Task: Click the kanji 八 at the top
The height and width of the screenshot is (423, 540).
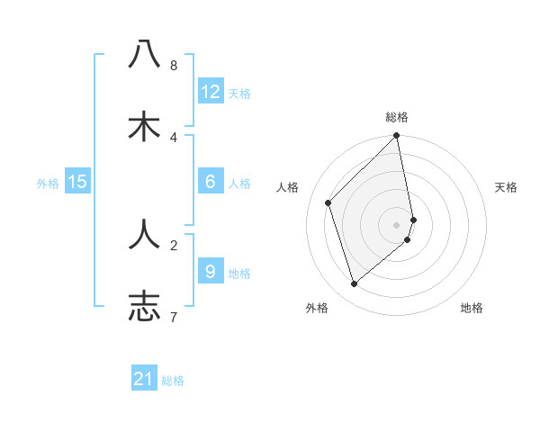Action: (145, 55)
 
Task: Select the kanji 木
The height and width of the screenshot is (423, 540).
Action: (145, 127)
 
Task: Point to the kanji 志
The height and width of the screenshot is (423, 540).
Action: (145, 306)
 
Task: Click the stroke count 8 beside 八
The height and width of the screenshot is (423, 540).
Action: (174, 66)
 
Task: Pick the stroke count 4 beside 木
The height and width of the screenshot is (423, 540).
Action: (174, 138)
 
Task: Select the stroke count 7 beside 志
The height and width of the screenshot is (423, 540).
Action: (174, 317)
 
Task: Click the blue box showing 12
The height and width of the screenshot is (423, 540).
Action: (211, 92)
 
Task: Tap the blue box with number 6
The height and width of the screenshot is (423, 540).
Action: (211, 182)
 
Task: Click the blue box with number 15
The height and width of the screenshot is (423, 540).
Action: (77, 182)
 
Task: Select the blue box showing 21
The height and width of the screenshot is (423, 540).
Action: (144, 380)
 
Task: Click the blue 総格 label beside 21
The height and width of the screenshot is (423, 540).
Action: (173, 381)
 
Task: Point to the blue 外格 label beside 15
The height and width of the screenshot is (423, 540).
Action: (48, 183)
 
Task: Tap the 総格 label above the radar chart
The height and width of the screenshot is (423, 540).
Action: (397, 117)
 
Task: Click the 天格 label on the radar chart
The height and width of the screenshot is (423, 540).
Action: (506, 187)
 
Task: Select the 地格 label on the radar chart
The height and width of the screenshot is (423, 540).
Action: (472, 308)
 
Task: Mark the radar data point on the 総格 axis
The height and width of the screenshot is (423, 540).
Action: (397, 137)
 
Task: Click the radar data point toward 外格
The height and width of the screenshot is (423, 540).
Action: (355, 283)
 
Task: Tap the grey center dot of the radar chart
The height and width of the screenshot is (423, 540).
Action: (397, 224)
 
